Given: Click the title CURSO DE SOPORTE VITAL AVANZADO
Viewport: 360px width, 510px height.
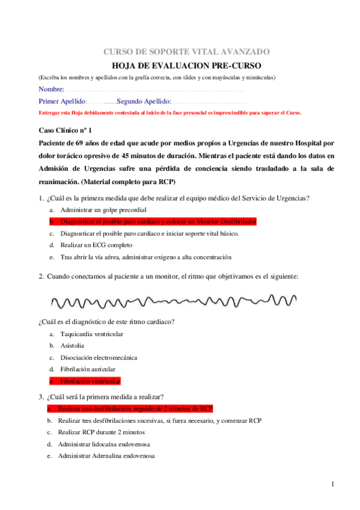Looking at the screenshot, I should tap(188, 52).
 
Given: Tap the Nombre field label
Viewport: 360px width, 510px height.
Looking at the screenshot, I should tap(51, 89).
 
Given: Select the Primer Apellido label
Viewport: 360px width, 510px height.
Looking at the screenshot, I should tap(63, 101).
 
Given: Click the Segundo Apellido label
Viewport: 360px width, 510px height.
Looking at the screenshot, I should tap(144, 101).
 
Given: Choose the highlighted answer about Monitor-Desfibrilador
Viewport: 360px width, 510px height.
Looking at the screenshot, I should tap(158, 221).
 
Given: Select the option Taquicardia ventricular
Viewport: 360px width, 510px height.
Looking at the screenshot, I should tap(92, 334).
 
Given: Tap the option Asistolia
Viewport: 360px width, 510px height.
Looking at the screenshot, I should tap(72, 345).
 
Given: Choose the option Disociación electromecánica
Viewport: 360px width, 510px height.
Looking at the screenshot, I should tap(99, 357).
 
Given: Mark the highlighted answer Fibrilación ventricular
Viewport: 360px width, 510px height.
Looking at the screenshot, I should tap(90, 381).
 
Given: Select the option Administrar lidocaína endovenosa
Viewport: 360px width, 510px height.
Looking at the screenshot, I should tap(104, 444).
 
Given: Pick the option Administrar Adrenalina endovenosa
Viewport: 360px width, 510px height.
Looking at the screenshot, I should tap(106, 456).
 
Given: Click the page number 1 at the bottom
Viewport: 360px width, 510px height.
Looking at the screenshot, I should tap(332, 484).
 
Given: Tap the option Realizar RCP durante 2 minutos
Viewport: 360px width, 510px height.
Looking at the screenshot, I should tap(93, 432).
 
